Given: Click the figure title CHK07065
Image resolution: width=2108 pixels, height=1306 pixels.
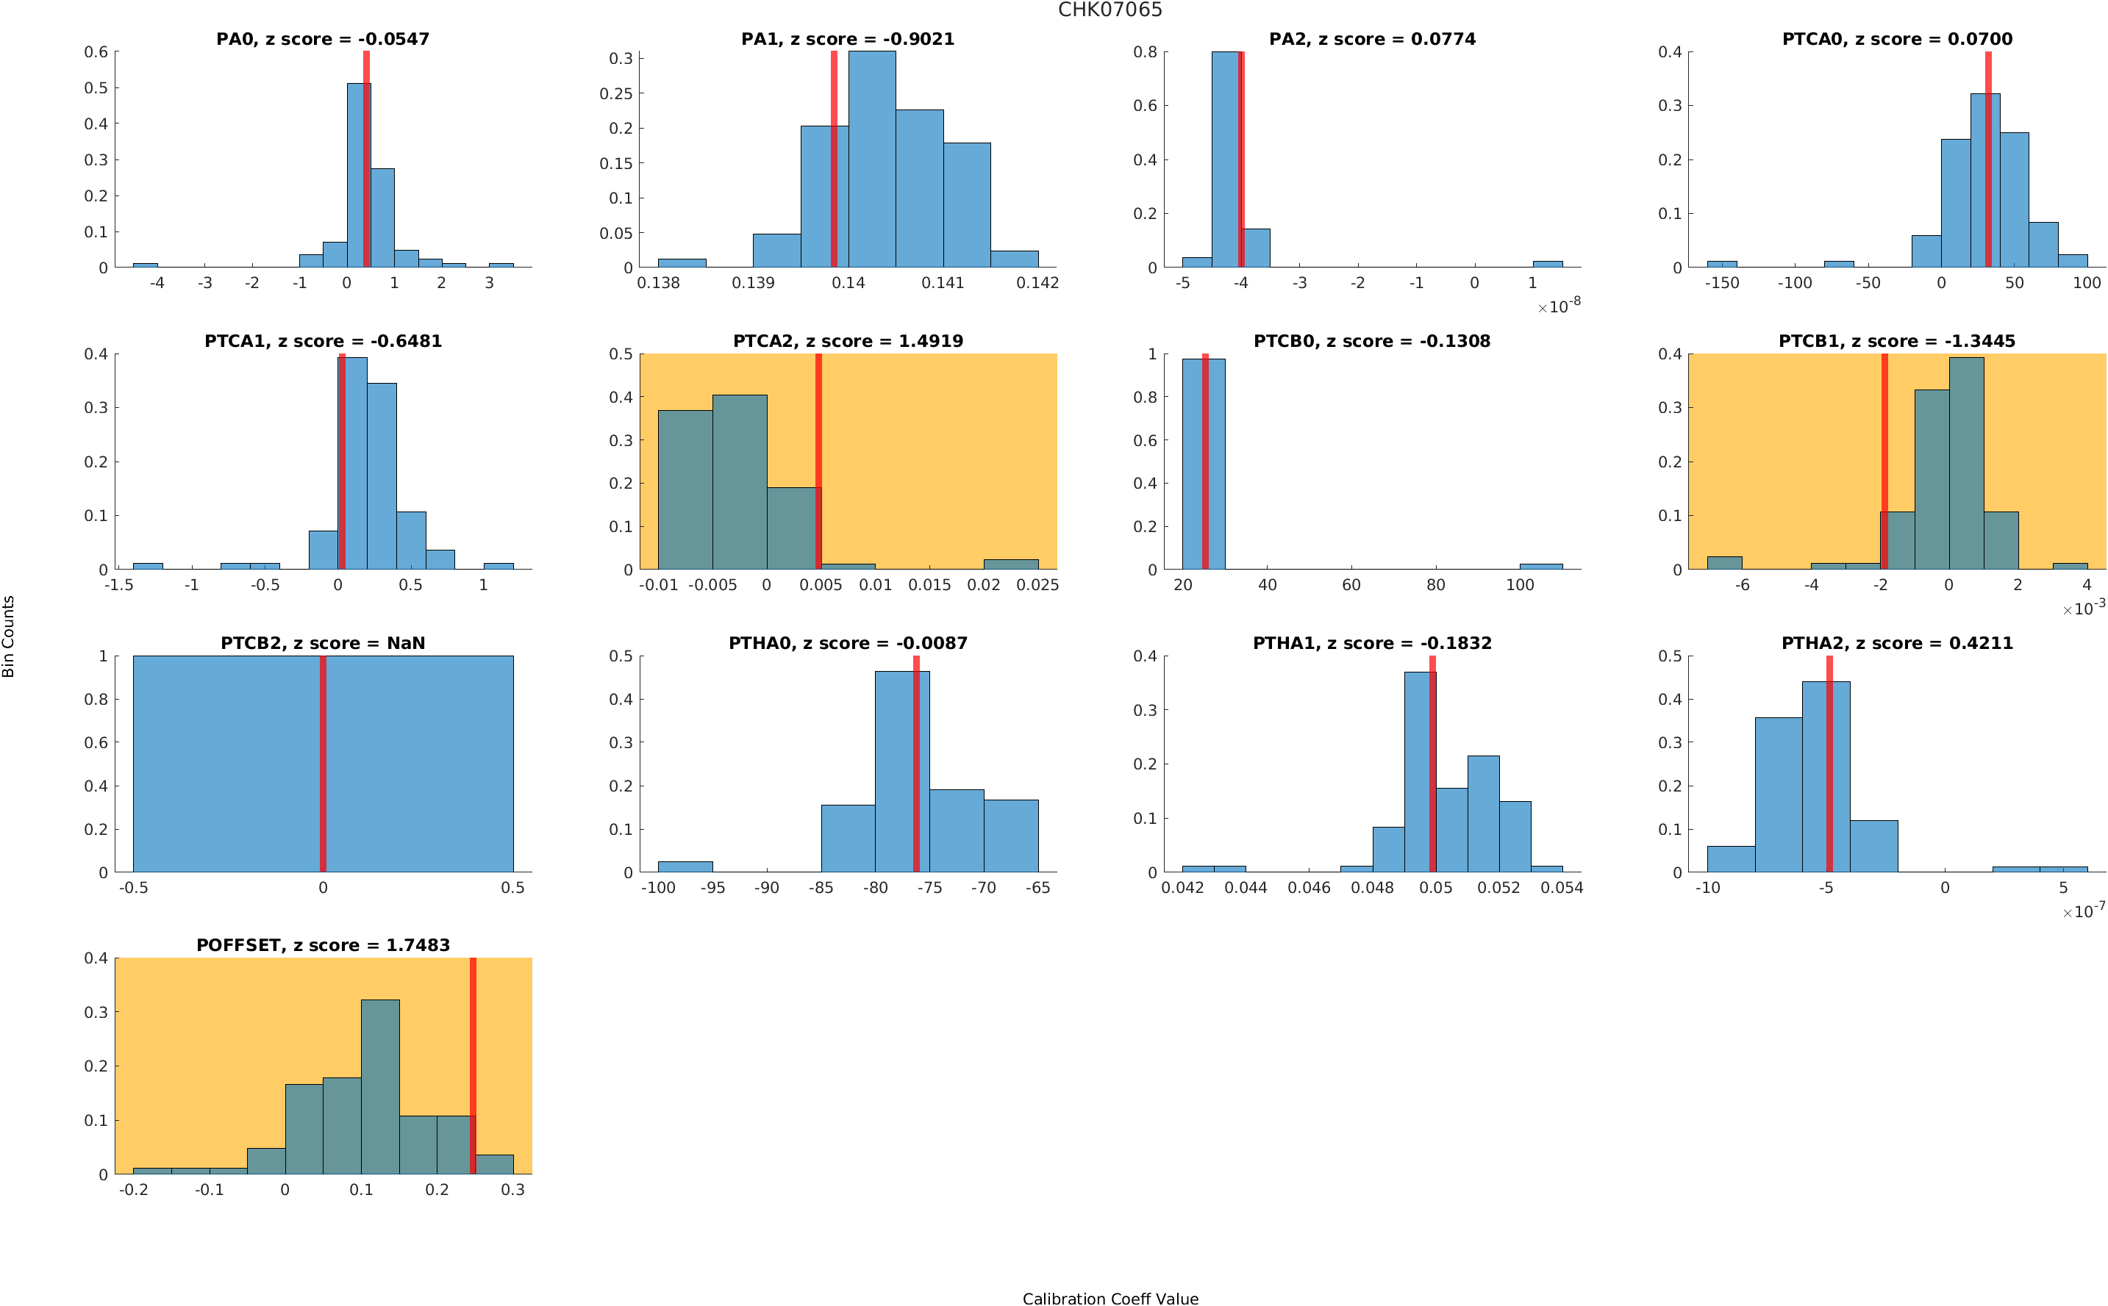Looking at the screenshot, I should click(x=1110, y=10).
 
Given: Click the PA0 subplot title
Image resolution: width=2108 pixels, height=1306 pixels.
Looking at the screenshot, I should click(x=322, y=39).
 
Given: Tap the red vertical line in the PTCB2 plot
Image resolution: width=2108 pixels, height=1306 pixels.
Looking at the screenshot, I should click(x=322, y=764).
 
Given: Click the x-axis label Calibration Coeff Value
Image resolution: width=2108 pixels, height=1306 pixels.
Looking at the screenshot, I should click(x=1110, y=1297).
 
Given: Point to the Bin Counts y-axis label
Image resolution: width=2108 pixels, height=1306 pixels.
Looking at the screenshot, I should click(x=9, y=636).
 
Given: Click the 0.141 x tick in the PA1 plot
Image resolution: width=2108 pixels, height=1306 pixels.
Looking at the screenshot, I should click(x=943, y=283).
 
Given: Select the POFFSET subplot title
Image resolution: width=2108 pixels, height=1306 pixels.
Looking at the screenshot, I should click(x=322, y=945).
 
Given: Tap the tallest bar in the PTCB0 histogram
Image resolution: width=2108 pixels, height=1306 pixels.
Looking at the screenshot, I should click(x=1203, y=464).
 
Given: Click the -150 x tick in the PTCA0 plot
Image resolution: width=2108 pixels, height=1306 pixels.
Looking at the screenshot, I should click(x=1721, y=283).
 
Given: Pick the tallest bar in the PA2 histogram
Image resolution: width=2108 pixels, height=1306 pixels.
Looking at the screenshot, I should click(x=1226, y=159).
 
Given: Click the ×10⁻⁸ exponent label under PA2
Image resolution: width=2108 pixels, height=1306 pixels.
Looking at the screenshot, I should click(x=1559, y=306).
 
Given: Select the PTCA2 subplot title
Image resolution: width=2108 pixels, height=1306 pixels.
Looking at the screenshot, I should click(x=848, y=341).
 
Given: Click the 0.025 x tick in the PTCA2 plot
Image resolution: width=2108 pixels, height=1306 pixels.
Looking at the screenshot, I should click(x=1037, y=586).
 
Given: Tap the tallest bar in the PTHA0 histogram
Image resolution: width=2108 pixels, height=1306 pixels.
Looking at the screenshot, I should click(x=902, y=772).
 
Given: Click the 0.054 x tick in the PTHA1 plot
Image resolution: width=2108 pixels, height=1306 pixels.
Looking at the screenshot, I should click(x=1562, y=888).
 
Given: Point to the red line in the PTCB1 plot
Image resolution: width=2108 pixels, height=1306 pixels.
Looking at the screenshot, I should click(x=1884, y=462).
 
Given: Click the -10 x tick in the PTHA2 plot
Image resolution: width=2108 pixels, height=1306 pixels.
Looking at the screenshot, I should click(x=1707, y=888).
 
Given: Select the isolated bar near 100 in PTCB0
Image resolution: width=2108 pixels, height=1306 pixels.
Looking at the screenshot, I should click(x=1540, y=567).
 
